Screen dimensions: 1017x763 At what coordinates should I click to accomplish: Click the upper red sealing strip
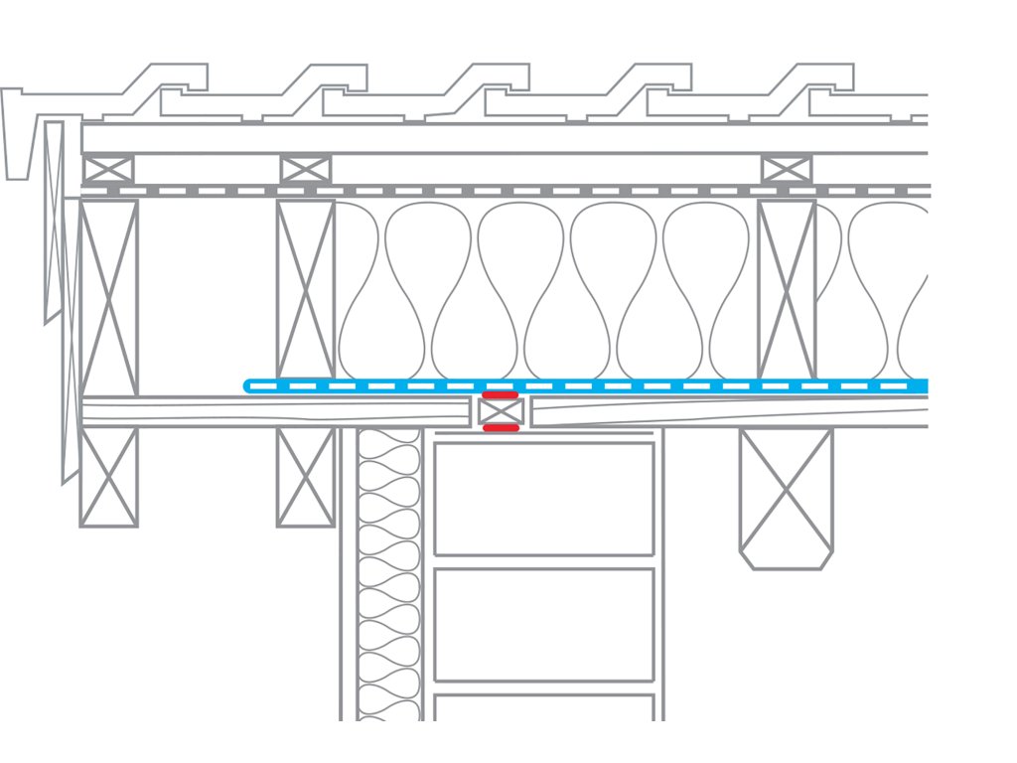500,395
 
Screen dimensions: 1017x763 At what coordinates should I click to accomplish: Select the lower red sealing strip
500,428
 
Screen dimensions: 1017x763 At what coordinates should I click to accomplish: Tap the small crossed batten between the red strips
501,412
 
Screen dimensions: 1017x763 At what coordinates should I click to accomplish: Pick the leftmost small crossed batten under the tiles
108,169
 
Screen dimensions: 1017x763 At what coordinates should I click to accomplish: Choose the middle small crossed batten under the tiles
305,169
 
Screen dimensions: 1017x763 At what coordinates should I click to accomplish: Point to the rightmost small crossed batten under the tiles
787,169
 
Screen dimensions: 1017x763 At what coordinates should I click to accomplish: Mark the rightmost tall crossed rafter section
787,288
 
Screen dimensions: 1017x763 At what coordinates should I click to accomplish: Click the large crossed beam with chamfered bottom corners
786,497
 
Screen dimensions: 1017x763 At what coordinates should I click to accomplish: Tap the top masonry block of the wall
544,498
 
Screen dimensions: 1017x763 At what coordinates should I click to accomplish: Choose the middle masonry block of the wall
544,625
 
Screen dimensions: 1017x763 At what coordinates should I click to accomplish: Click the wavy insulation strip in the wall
389,576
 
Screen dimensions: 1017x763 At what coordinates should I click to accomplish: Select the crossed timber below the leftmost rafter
108,477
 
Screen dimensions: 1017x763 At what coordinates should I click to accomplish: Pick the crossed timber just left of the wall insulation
305,477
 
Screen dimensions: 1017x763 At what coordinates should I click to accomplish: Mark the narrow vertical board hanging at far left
54,219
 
